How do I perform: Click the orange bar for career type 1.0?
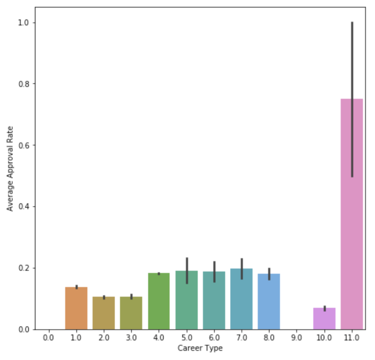[76, 308]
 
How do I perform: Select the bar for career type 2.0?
[104, 313]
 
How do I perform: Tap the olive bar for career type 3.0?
[131, 313]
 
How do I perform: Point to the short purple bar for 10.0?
[324, 319]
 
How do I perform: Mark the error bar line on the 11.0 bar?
[352, 73]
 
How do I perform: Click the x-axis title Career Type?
[200, 348]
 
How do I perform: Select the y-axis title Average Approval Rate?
[10, 168]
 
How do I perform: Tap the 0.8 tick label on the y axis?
[24, 84]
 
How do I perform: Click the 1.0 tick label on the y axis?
[24, 23]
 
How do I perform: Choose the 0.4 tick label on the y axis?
[24, 207]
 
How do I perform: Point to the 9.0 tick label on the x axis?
[297, 337]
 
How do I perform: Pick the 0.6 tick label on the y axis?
[24, 145]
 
